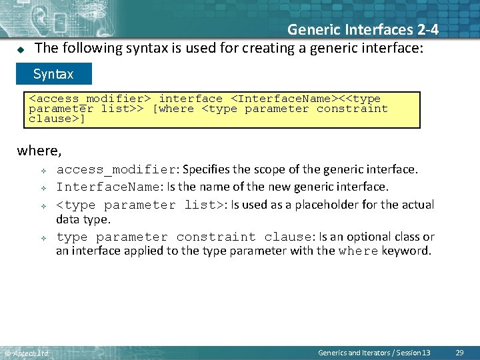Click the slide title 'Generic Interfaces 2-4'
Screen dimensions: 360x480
363,29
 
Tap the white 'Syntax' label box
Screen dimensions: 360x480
55,73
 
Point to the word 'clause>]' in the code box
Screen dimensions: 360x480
57,119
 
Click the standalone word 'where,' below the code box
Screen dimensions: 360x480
39,151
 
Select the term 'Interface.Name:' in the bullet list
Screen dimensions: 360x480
109,187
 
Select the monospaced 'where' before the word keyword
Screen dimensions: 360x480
359,251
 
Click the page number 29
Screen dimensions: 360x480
459,352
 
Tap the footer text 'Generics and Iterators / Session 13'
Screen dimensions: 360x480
374,352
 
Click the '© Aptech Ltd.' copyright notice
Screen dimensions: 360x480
27,353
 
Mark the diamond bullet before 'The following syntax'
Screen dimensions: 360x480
20,49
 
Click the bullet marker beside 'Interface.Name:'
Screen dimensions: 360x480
41,187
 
